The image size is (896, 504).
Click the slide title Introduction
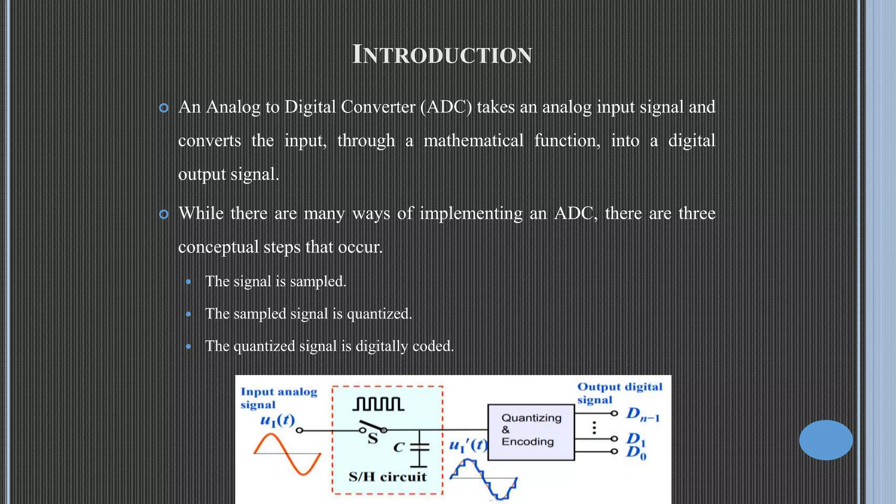tap(442, 55)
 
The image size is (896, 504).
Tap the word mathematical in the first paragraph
tap(473, 141)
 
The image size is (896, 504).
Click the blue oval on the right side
tap(826, 440)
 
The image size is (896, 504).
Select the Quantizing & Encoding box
tap(531, 431)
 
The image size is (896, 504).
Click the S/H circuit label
tap(387, 477)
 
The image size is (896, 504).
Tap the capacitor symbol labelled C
tap(419, 447)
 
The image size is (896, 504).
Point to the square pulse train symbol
tap(378, 404)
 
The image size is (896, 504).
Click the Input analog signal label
tap(278, 398)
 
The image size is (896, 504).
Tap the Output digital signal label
tap(619, 393)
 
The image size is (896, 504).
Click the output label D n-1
tap(642, 414)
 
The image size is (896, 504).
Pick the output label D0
tap(636, 453)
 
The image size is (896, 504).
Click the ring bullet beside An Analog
tap(164, 108)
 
